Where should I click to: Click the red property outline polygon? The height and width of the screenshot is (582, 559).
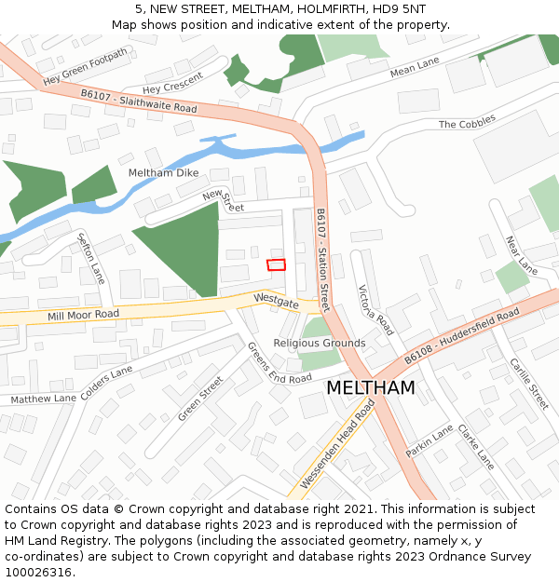click(x=276, y=264)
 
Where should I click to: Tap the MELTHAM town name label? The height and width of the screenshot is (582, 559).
click(x=371, y=387)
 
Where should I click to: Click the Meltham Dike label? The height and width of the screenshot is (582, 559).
click(x=162, y=173)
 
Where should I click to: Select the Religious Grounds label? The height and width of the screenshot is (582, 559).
click(x=320, y=344)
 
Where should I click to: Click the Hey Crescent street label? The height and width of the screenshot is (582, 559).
click(x=172, y=83)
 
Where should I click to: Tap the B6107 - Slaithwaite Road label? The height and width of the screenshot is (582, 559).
click(x=139, y=101)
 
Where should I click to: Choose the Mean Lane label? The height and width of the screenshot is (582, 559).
click(x=415, y=67)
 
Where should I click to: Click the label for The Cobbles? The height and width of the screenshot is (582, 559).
click(x=467, y=123)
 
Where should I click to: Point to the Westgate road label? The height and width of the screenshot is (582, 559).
click(x=276, y=301)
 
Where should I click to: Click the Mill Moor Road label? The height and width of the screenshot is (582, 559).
click(x=84, y=316)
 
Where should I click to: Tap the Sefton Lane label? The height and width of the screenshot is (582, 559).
click(x=90, y=257)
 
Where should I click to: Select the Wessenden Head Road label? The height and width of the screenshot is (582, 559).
click(x=337, y=447)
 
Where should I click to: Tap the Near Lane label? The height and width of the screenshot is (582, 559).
click(x=521, y=254)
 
